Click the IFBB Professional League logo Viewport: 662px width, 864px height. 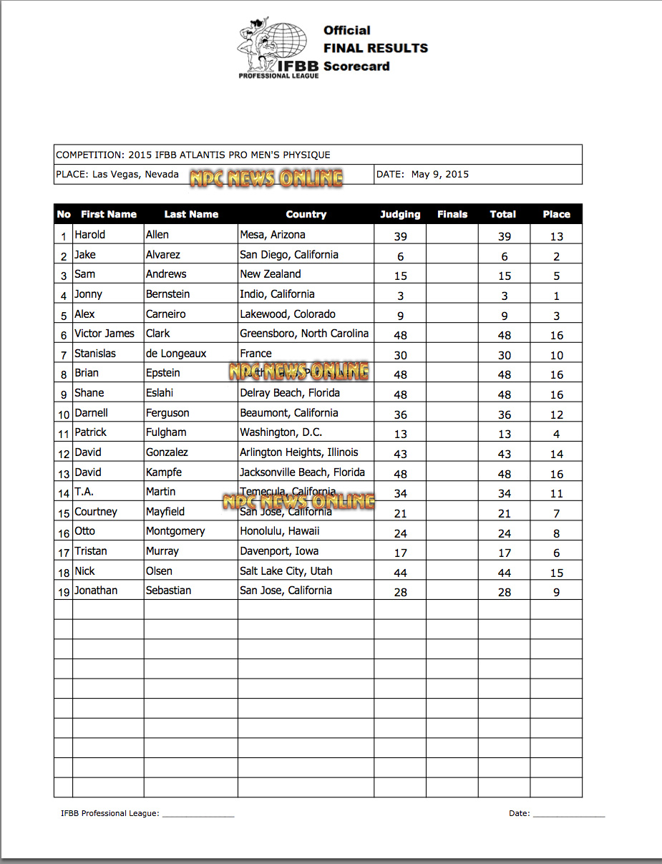coord(278,50)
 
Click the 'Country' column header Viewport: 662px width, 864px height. coord(306,214)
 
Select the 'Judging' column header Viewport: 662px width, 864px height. coord(400,214)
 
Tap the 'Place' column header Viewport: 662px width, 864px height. coord(556,214)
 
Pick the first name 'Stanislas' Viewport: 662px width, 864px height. coord(95,354)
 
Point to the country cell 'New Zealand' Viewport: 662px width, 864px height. coord(271,274)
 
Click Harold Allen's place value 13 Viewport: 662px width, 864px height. coord(556,236)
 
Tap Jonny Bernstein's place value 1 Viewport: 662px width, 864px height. coord(556,296)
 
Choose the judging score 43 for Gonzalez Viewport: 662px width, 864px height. coord(400,454)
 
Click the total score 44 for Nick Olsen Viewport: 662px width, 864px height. coord(504,573)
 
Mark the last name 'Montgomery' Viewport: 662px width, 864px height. coord(175,531)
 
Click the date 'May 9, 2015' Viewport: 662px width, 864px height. coord(440,174)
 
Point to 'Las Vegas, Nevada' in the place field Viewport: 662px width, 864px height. coord(135,174)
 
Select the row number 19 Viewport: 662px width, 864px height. coord(64,592)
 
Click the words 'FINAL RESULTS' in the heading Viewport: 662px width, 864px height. coord(376,49)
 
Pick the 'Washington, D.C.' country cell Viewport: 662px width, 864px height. coord(281,432)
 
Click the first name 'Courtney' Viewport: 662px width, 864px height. coord(96,512)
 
